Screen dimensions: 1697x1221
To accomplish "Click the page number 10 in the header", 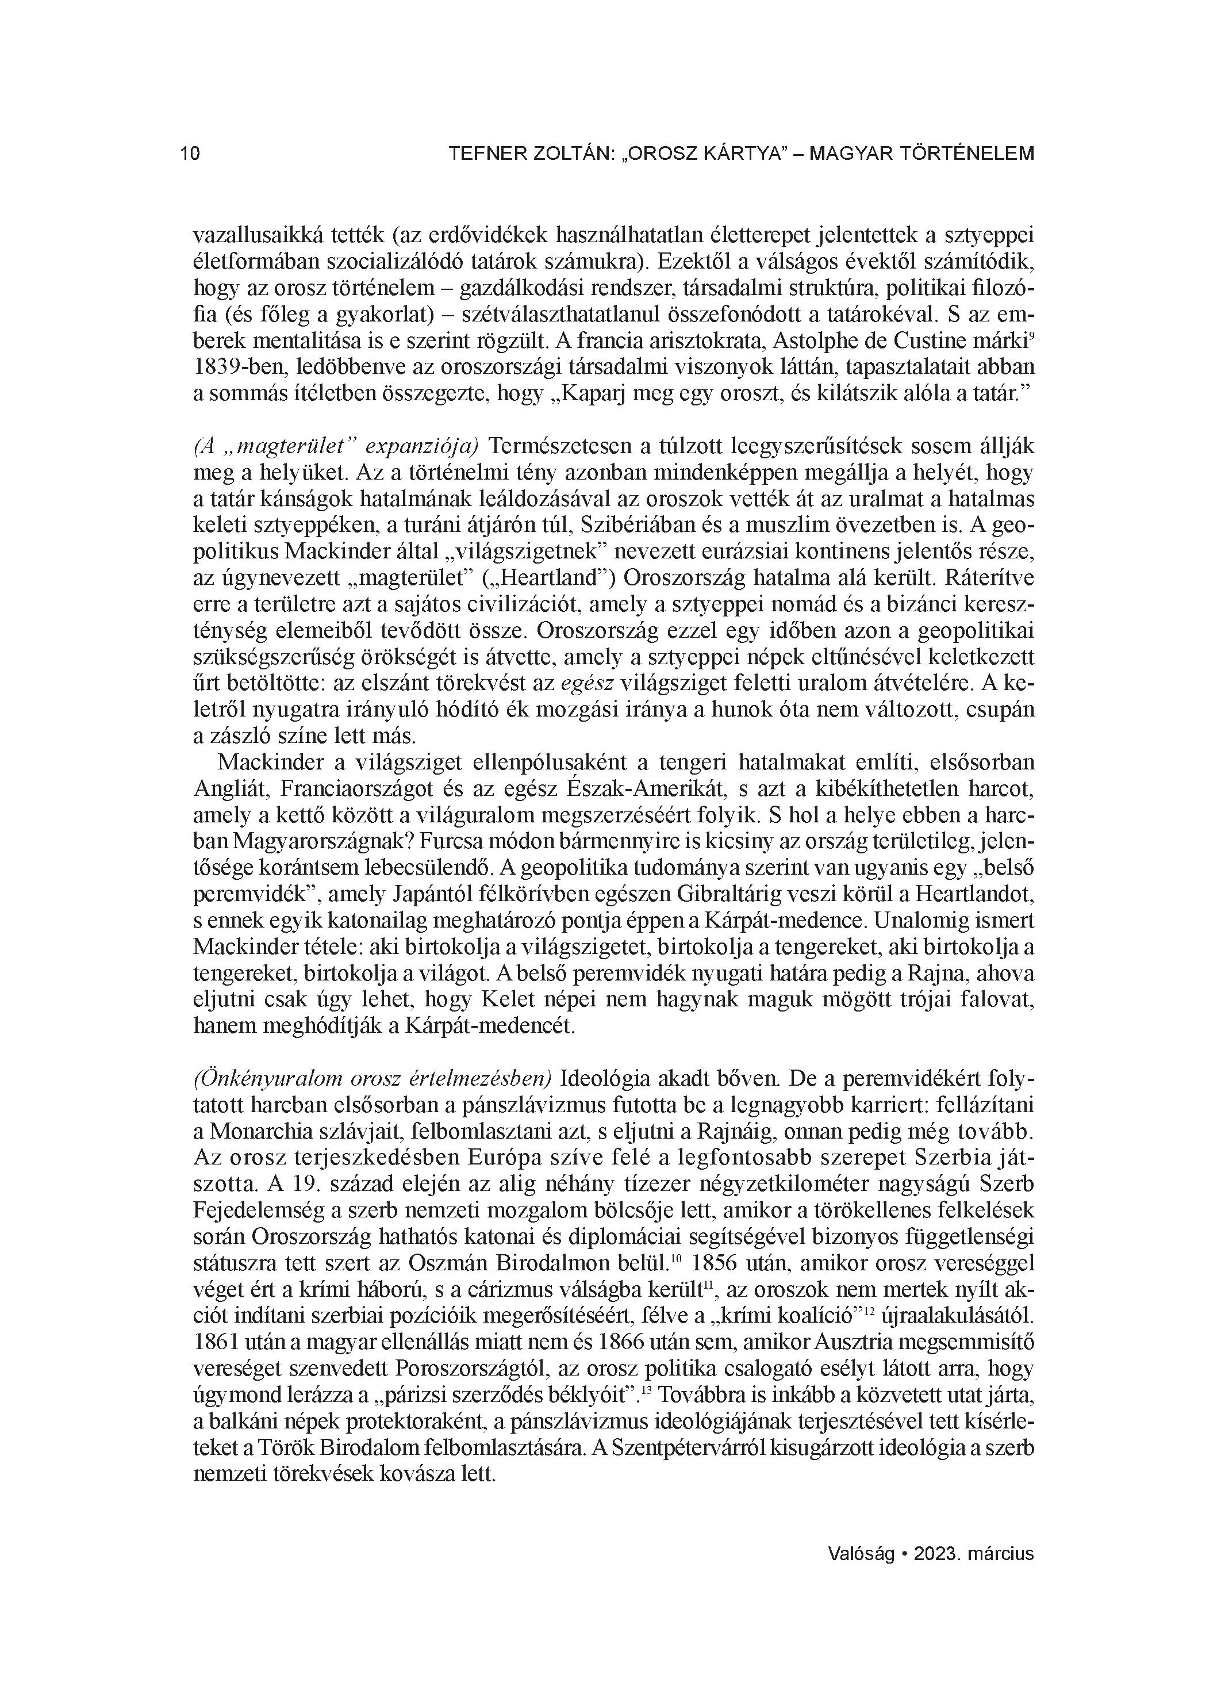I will point(190,154).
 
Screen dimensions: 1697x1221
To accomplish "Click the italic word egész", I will point(586,683).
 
